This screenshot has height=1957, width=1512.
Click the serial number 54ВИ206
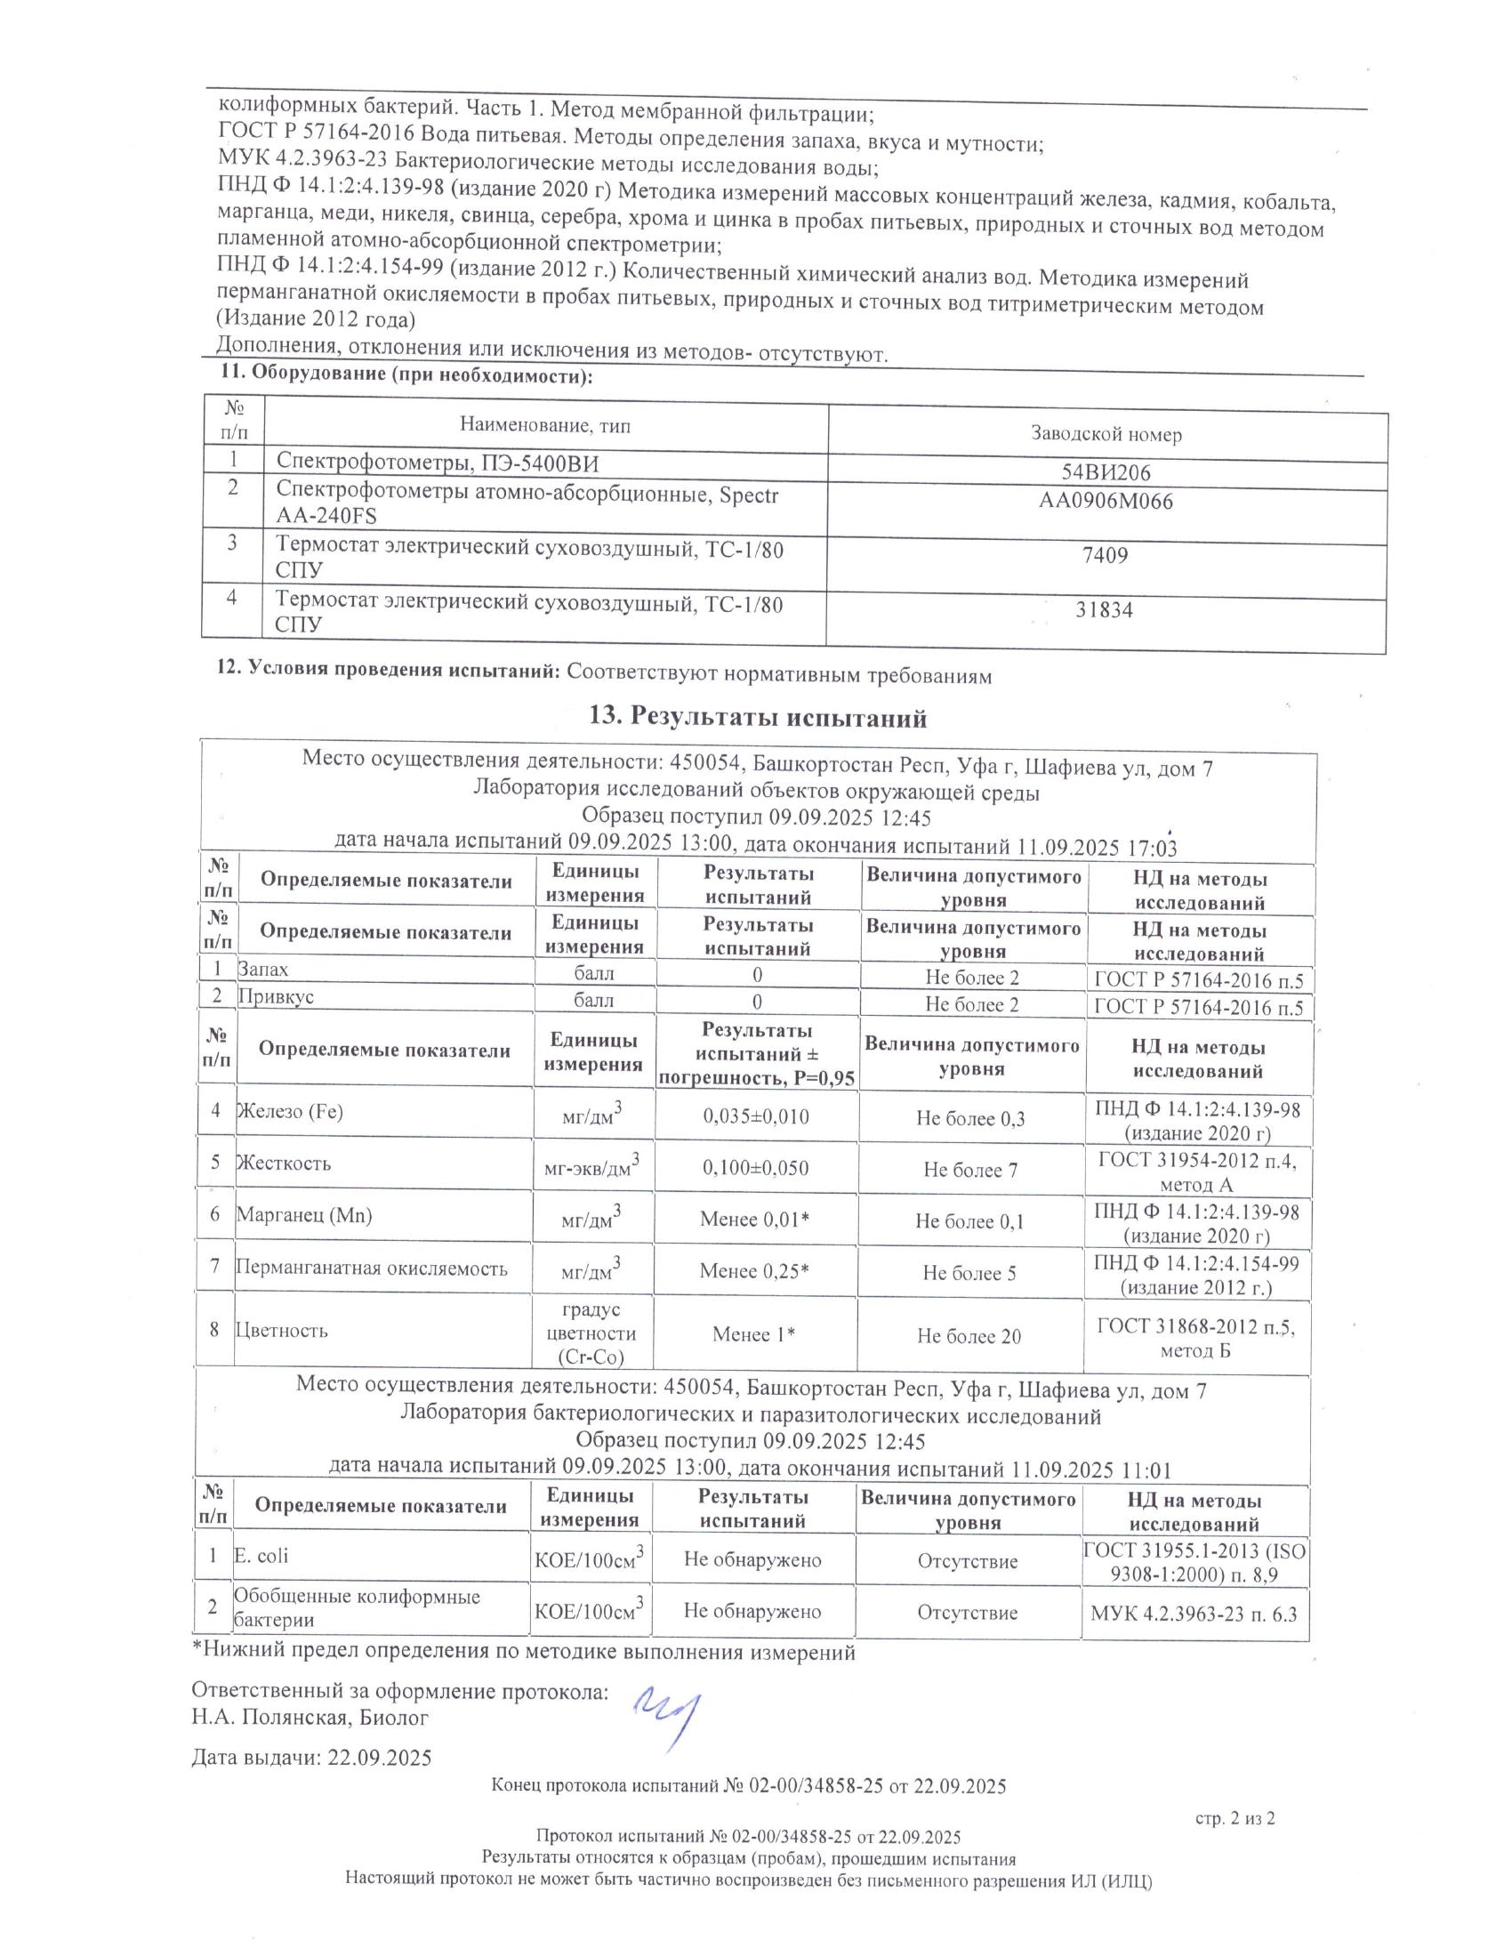(x=1106, y=472)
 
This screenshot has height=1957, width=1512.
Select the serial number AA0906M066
(x=1106, y=502)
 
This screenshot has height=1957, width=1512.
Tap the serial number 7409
(x=1106, y=556)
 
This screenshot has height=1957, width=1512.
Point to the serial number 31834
(x=1105, y=610)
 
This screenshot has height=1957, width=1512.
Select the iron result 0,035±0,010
(x=756, y=1116)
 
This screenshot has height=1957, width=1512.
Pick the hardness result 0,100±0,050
(x=756, y=1169)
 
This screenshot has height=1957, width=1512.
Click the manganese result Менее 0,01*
(x=755, y=1220)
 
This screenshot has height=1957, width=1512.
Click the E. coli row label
(x=261, y=1556)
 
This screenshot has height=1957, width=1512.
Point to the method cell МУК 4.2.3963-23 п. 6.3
(x=1193, y=1614)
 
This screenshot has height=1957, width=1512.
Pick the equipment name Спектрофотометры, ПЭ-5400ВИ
(x=436, y=463)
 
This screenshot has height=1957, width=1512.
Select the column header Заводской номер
(x=1106, y=436)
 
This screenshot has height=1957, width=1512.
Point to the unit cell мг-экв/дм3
(x=592, y=1168)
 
